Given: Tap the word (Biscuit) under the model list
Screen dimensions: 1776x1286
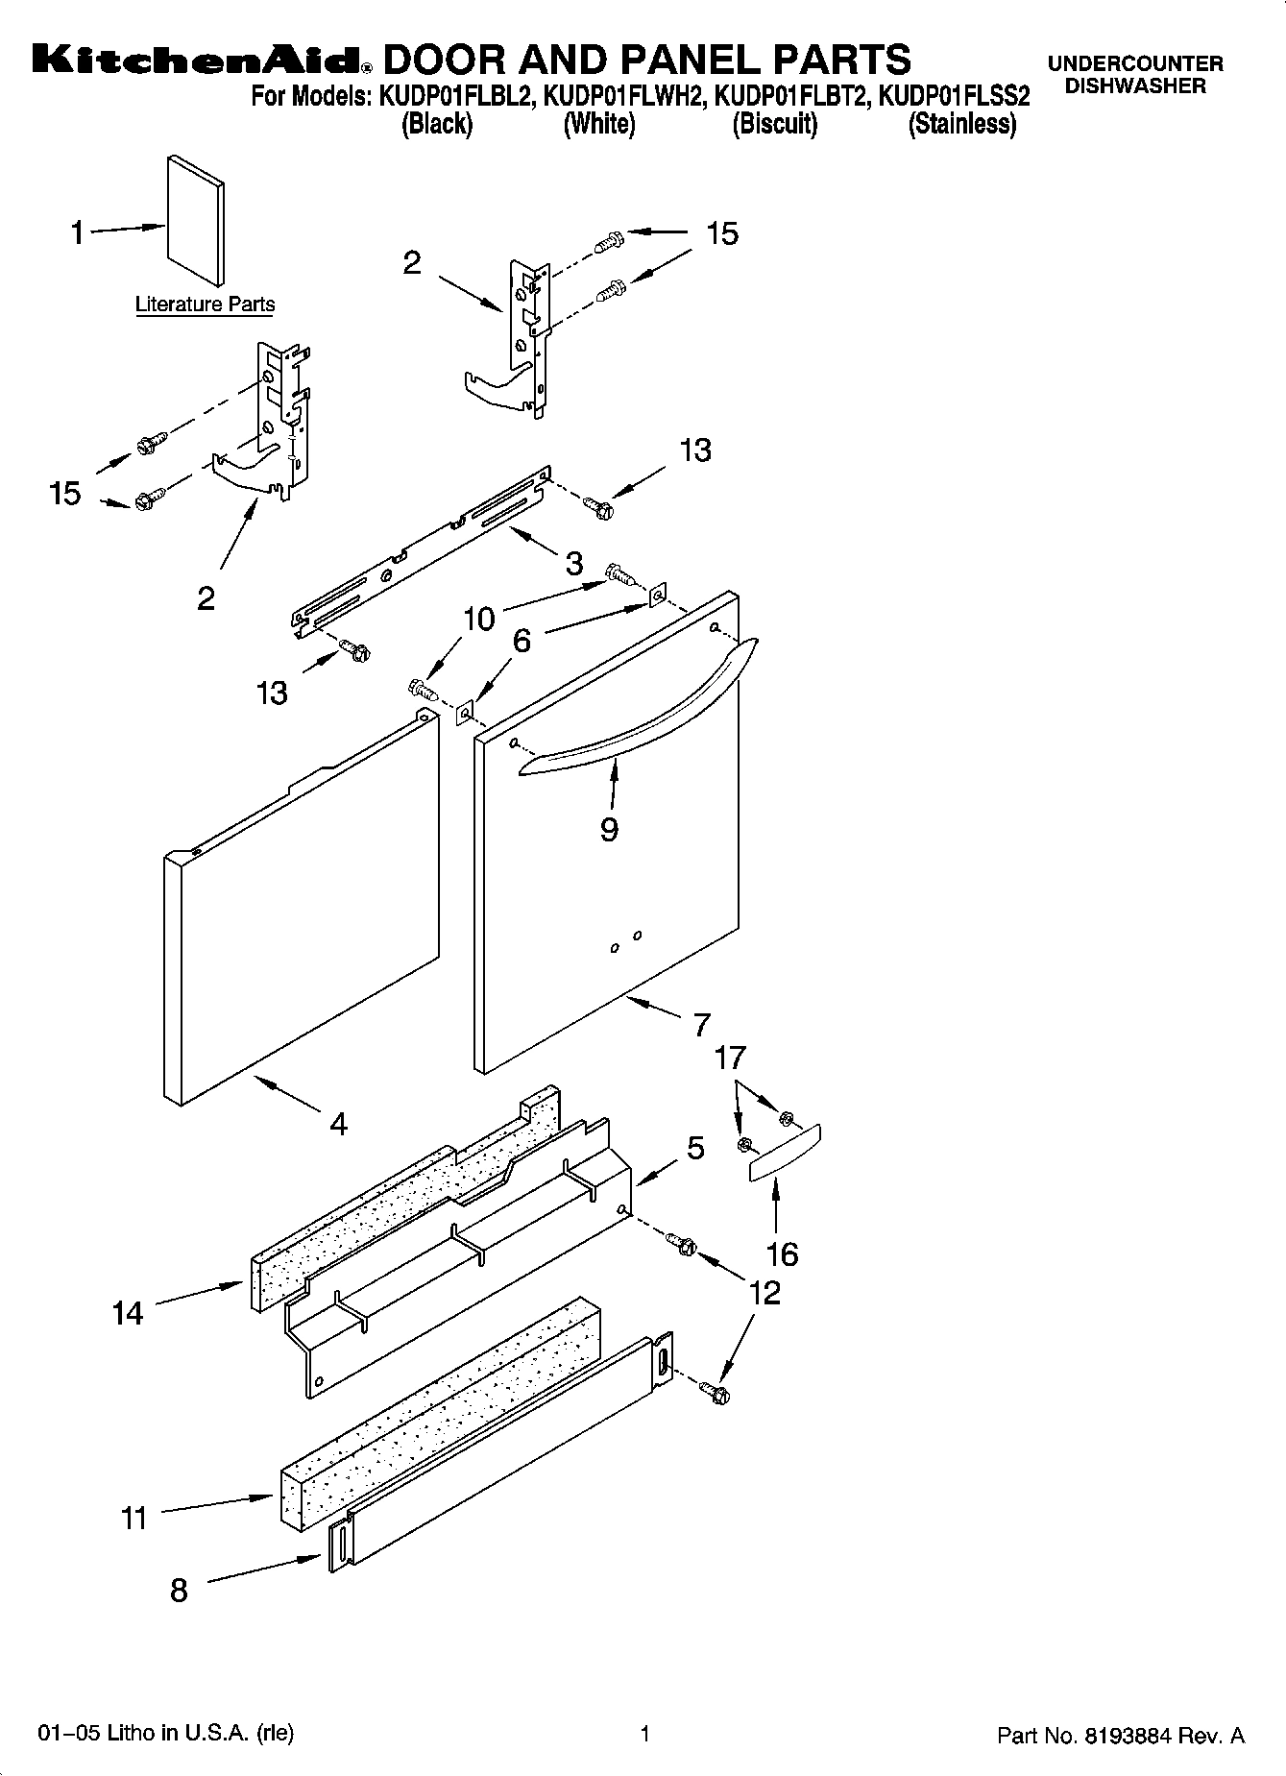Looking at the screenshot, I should tap(774, 124).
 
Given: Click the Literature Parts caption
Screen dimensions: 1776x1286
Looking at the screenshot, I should tap(205, 304).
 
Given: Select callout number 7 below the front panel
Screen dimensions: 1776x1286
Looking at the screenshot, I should tap(701, 1025).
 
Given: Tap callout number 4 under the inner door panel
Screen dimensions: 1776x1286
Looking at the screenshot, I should tap(338, 1123).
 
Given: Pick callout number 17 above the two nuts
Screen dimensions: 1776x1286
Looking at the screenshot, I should tap(730, 1058).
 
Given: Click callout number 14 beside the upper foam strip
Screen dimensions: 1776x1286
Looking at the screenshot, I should tap(127, 1313).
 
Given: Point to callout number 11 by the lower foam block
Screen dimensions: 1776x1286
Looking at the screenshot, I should tap(133, 1519).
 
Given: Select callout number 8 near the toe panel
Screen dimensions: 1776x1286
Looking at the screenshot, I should tap(179, 1591).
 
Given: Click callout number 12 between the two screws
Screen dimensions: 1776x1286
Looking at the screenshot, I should tap(764, 1293).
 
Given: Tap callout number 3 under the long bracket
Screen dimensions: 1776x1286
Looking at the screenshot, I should tap(573, 563).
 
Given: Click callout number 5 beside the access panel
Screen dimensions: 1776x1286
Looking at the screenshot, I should tap(695, 1148).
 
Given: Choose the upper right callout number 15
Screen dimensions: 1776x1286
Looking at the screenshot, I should tap(722, 233).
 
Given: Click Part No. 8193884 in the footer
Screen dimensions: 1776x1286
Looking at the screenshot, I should tap(1120, 1736).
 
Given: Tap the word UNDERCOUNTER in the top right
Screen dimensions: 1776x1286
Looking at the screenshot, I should tap(1134, 64).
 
